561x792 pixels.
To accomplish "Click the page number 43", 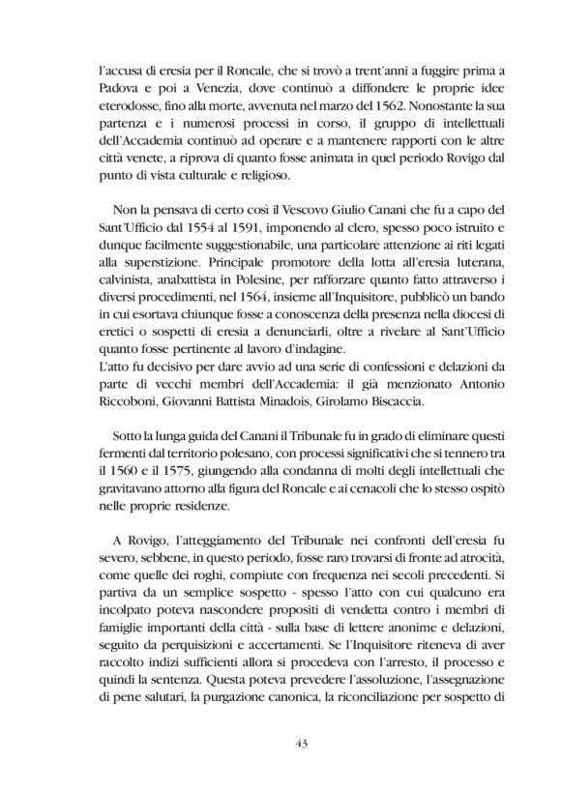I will coord(280,742).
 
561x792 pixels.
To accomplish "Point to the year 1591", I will coord(248,245).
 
